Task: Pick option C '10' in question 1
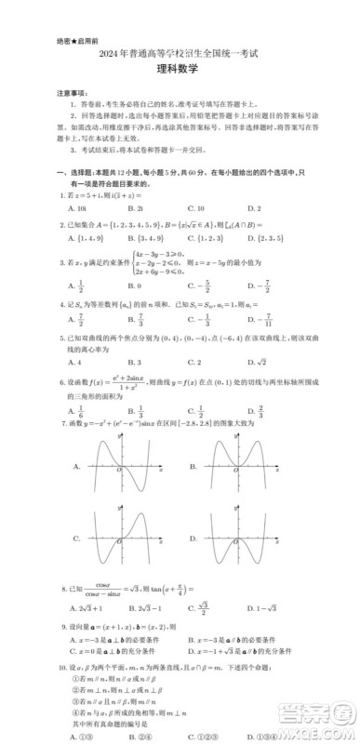click(194, 209)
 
